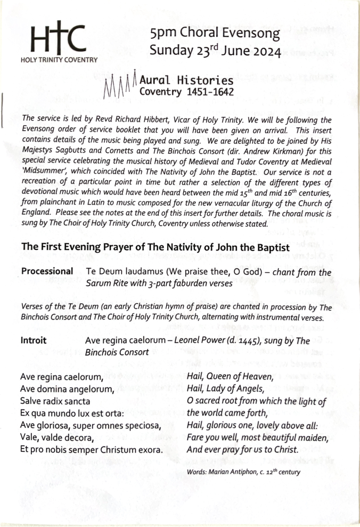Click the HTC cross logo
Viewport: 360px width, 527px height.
coord(58,38)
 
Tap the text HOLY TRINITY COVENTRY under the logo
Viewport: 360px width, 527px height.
coord(59,60)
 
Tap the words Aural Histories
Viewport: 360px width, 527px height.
coord(186,80)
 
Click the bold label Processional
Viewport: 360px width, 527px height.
coord(47,271)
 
